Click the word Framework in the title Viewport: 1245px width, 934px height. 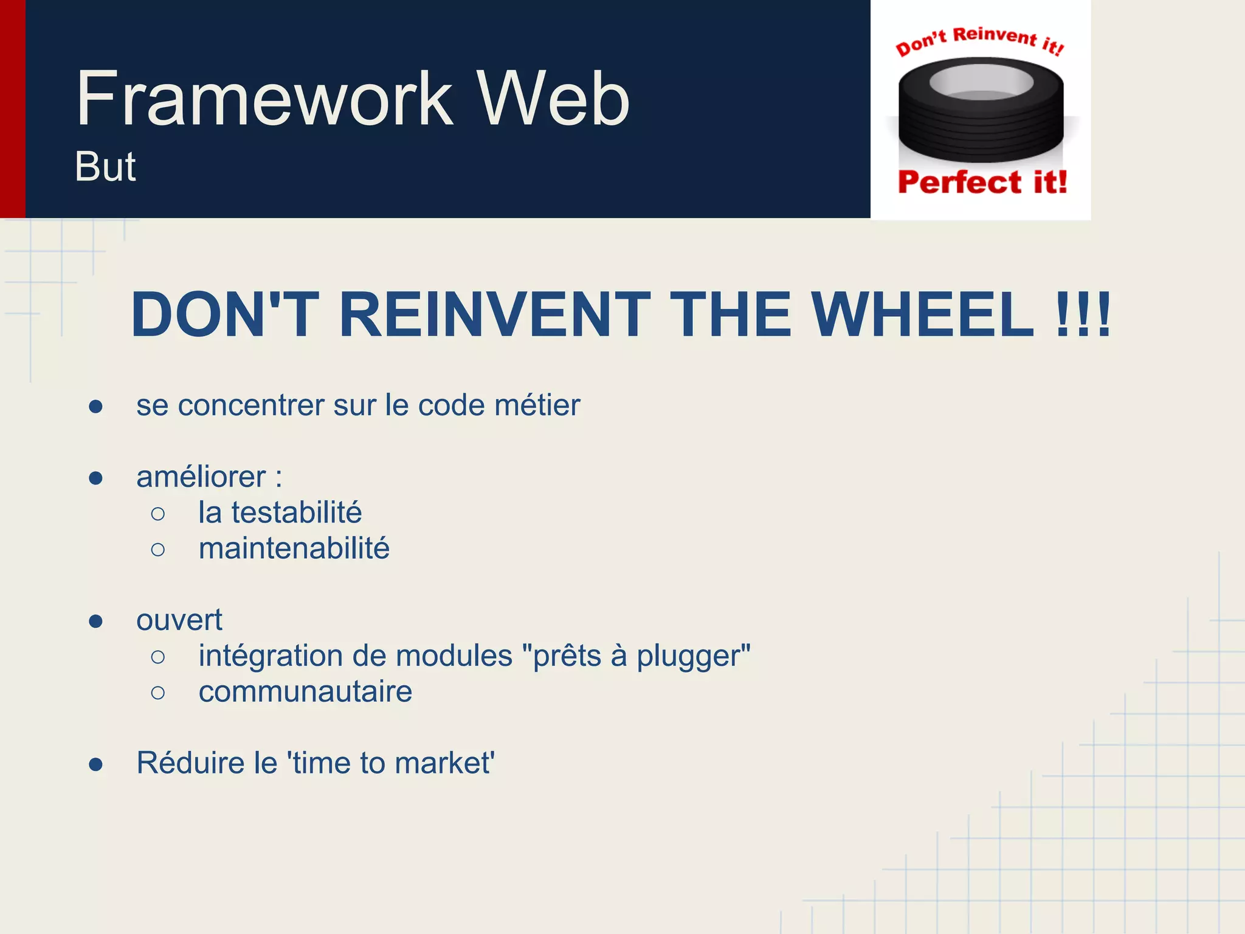pos(264,99)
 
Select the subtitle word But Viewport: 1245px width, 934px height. pos(105,167)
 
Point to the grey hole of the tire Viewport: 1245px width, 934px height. pos(981,82)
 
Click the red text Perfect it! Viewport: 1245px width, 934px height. pos(982,182)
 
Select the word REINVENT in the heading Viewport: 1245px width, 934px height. pos(494,314)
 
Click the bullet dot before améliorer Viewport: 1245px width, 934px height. pos(95,478)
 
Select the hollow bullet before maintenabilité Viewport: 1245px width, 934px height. pos(158,550)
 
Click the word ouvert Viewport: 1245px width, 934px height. pos(179,620)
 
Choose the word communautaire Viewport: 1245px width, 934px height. pos(305,692)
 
